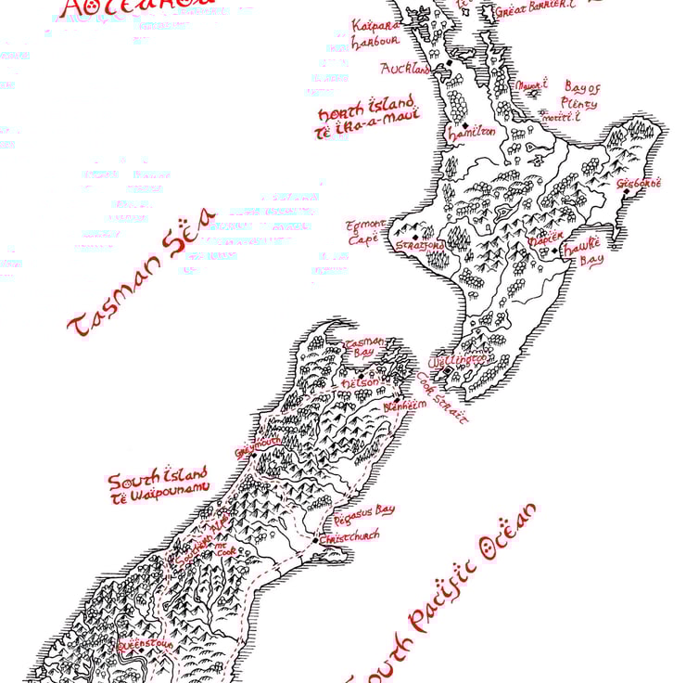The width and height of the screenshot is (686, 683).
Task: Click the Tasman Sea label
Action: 141,272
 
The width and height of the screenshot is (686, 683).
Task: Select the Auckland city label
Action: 405,69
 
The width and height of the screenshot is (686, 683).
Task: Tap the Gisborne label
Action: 641,184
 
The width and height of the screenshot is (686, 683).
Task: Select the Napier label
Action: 544,238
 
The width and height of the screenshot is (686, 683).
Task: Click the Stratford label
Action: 420,246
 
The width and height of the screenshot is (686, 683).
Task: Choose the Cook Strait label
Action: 442,399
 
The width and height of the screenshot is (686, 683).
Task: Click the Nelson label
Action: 361,382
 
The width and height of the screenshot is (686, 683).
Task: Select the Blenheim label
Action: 404,406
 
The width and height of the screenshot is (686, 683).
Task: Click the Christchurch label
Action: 350,535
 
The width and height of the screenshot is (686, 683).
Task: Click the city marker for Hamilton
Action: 464,124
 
